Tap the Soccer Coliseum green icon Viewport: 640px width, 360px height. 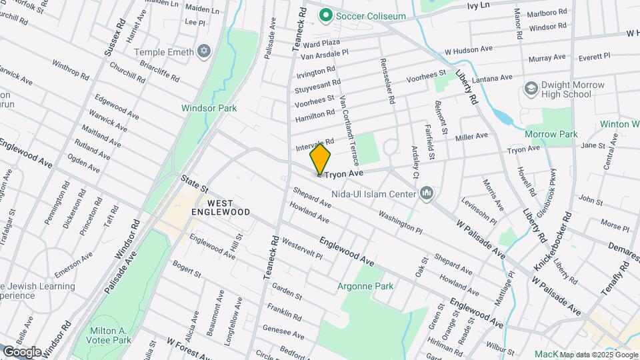pyautogui.click(x=326, y=14)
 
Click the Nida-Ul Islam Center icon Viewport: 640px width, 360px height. pyautogui.click(x=427, y=194)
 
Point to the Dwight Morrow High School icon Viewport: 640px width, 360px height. pyautogui.click(x=531, y=89)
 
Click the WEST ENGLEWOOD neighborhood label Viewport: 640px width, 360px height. pyautogui.click(x=220, y=207)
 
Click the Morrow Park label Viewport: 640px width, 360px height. pyautogui.click(x=551, y=134)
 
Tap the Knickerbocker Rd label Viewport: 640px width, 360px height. pyautogui.click(x=552, y=242)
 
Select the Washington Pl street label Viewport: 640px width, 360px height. pyautogui.click(x=400, y=223)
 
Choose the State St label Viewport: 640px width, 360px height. pyautogui.click(x=195, y=185)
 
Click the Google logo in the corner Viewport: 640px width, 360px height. pyautogui.click(x=22, y=351)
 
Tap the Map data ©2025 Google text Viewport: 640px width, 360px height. pyautogui.click(x=599, y=355)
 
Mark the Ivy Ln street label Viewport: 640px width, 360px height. pyautogui.click(x=478, y=5)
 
